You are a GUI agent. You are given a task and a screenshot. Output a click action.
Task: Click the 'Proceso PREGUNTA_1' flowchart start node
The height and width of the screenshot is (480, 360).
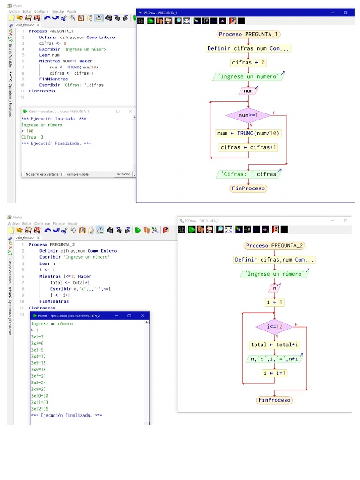click(248, 34)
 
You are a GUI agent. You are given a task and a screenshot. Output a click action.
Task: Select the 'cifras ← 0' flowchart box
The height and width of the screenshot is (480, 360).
click(248, 62)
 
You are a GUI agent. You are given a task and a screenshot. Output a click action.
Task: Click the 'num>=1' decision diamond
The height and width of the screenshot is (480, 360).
click(248, 115)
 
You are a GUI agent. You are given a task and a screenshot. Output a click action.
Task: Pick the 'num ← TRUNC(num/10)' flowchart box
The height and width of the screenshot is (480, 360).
click(248, 133)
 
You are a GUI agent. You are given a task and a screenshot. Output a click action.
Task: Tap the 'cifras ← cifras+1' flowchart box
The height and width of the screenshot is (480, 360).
click(248, 147)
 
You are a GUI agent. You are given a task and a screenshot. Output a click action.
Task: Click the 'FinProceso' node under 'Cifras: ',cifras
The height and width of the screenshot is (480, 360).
click(248, 188)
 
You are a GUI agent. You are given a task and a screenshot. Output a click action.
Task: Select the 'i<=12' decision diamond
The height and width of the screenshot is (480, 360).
click(275, 327)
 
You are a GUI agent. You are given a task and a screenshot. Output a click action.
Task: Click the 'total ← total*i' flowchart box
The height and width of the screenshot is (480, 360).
click(275, 345)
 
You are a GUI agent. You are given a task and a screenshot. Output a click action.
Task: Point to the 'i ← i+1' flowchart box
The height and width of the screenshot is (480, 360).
click(275, 373)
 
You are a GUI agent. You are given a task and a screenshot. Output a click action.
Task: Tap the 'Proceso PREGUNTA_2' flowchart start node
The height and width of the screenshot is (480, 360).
click(275, 246)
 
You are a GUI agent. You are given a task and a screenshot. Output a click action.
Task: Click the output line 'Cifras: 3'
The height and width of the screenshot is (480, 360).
click(32, 137)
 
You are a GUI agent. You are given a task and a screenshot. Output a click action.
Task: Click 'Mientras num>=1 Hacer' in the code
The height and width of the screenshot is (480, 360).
click(66, 61)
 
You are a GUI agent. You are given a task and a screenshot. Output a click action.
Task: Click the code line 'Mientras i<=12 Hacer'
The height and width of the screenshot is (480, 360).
click(65, 276)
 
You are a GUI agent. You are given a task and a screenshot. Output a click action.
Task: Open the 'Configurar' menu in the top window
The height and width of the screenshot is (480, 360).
click(42, 11)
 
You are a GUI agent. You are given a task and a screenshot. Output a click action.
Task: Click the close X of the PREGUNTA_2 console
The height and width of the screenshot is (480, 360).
click(142, 316)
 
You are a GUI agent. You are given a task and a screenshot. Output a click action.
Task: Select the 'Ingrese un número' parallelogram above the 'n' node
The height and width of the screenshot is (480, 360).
click(275, 274)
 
